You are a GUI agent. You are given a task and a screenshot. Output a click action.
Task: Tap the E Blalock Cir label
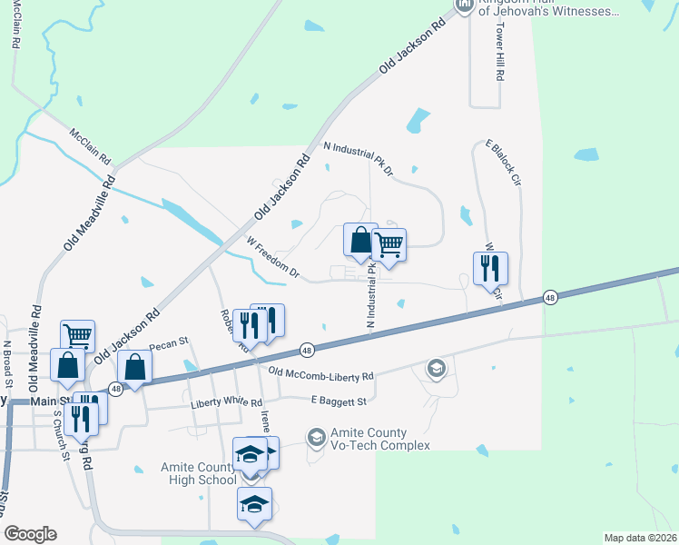(504, 163)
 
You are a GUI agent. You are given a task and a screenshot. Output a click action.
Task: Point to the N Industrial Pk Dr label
(359, 157)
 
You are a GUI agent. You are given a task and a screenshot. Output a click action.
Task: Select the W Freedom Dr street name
(273, 255)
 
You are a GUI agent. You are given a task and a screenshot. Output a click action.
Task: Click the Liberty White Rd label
(226, 402)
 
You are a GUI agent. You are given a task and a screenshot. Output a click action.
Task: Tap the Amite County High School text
(197, 473)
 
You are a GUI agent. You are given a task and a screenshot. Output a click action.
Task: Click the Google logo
(29, 534)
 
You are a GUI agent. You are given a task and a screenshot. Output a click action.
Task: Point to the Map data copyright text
(641, 538)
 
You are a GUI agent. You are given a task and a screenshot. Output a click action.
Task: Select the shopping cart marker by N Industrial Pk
(389, 243)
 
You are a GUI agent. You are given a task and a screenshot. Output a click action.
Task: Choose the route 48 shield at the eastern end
(550, 297)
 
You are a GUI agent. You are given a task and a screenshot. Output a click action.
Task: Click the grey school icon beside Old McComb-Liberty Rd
(436, 368)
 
